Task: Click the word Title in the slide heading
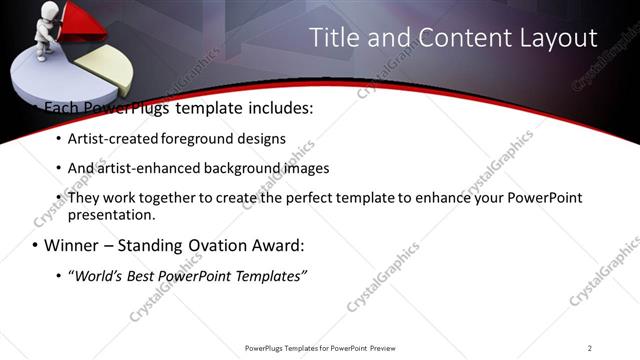[x=334, y=39]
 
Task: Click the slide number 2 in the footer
[x=589, y=348]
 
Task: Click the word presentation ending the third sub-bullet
[x=110, y=214]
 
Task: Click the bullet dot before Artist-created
[x=58, y=139]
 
